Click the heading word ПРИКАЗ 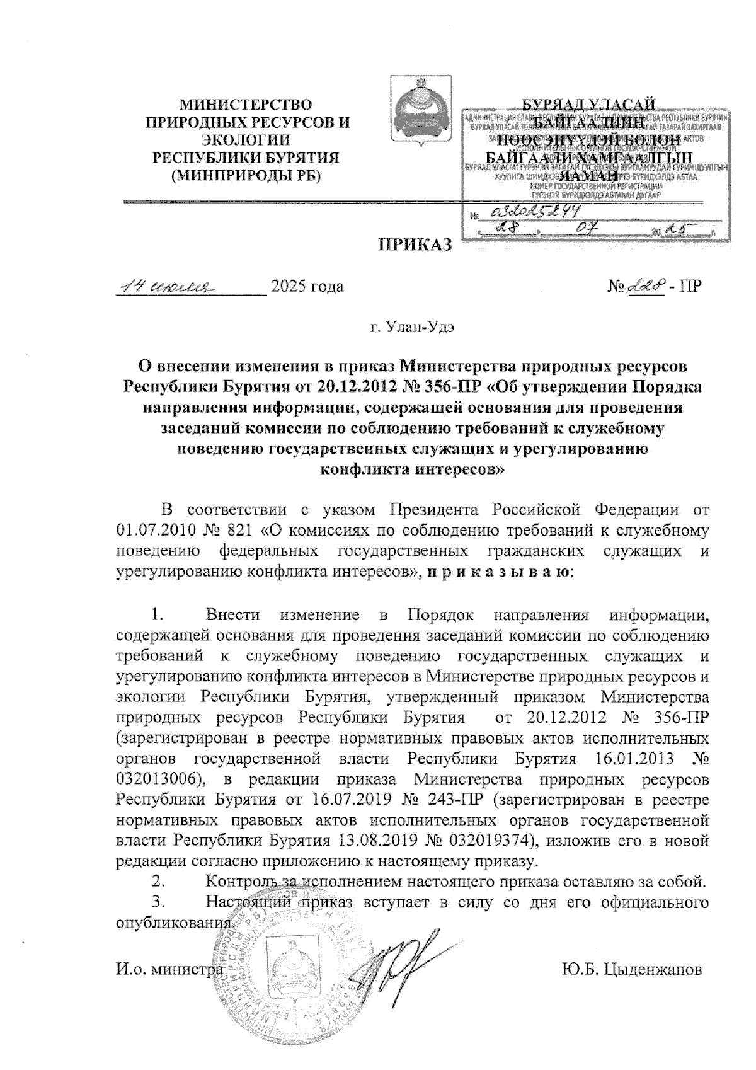click(x=415, y=245)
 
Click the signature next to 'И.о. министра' click(x=403, y=958)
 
